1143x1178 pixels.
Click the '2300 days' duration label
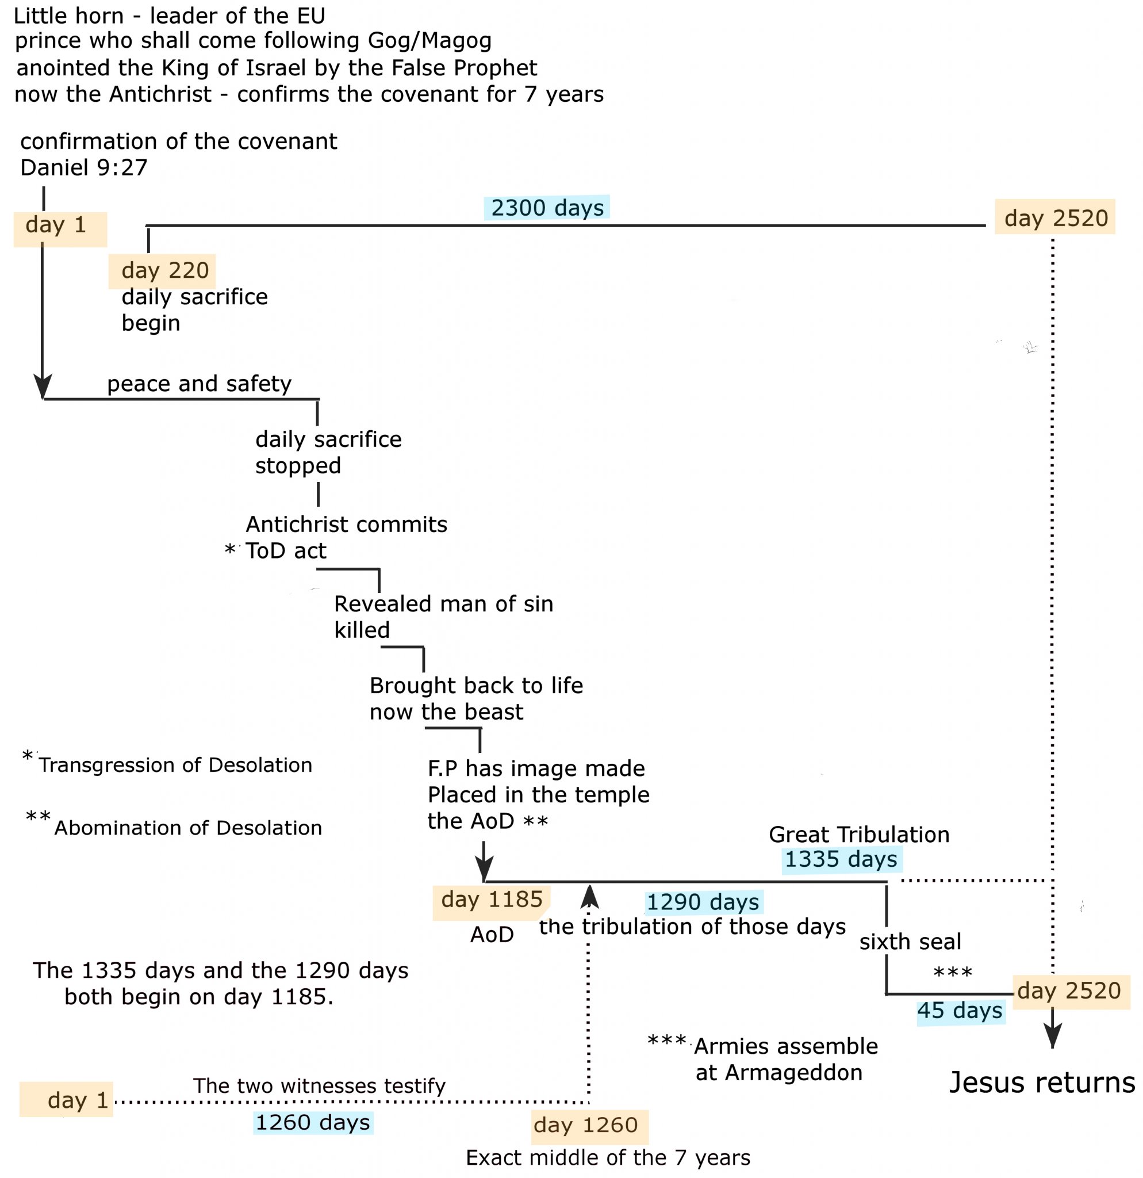pyautogui.click(x=547, y=207)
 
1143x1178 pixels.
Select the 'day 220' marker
pyautogui.click(x=164, y=270)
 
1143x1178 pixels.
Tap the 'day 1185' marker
pyautogui.click(x=492, y=899)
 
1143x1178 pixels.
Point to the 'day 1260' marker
pyautogui.click(x=585, y=1125)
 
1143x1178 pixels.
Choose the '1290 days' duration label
pyautogui.click(x=702, y=902)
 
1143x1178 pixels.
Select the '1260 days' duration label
pyautogui.click(x=312, y=1122)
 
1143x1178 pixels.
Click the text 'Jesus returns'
pyautogui.click(x=1041, y=1083)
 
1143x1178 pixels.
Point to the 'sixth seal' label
pyautogui.click(x=910, y=942)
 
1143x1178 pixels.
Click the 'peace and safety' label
pyautogui.click(x=199, y=384)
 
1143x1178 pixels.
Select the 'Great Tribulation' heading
pyautogui.click(x=858, y=834)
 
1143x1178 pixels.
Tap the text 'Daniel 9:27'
pyautogui.click(x=83, y=168)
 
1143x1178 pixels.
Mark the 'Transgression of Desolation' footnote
pyautogui.click(x=175, y=765)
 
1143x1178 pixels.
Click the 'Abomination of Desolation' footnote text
pyautogui.click(x=188, y=828)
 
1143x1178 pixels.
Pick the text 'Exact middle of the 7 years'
pyautogui.click(x=607, y=1157)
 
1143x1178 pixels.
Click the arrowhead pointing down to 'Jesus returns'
pyautogui.click(x=1052, y=1038)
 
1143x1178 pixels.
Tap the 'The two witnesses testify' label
pyautogui.click(x=319, y=1086)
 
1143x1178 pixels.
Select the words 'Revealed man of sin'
pyautogui.click(x=443, y=604)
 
